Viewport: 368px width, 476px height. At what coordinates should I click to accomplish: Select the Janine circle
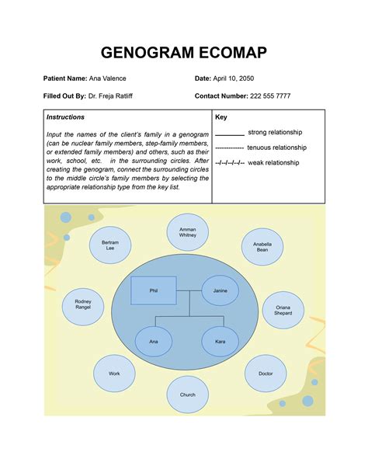point(220,290)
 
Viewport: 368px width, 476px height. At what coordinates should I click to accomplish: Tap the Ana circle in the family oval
point(154,342)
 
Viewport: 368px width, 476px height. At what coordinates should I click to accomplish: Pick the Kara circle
point(220,342)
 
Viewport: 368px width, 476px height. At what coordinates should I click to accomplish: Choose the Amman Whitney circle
point(187,233)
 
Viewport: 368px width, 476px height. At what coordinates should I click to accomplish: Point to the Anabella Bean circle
point(262,246)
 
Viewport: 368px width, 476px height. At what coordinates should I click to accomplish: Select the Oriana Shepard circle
point(283,309)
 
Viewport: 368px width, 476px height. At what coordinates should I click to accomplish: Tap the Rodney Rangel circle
point(83,304)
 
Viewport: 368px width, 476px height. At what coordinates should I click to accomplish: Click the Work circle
point(114,374)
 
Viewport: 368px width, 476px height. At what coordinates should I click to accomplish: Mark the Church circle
point(187,394)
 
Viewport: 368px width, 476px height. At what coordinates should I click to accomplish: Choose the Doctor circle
point(266,374)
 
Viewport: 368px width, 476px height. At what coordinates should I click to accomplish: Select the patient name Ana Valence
point(107,78)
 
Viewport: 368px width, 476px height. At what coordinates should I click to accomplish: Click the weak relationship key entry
point(260,164)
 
